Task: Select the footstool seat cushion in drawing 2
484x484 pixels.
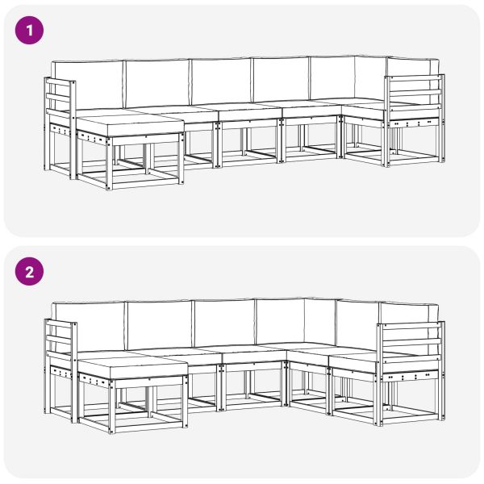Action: pyautogui.click(x=133, y=364)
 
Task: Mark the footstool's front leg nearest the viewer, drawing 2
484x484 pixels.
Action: pyautogui.click(x=111, y=407)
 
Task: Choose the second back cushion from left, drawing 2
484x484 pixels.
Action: pyautogui.click(x=159, y=323)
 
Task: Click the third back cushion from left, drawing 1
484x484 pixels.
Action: pyautogui.click(x=221, y=81)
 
